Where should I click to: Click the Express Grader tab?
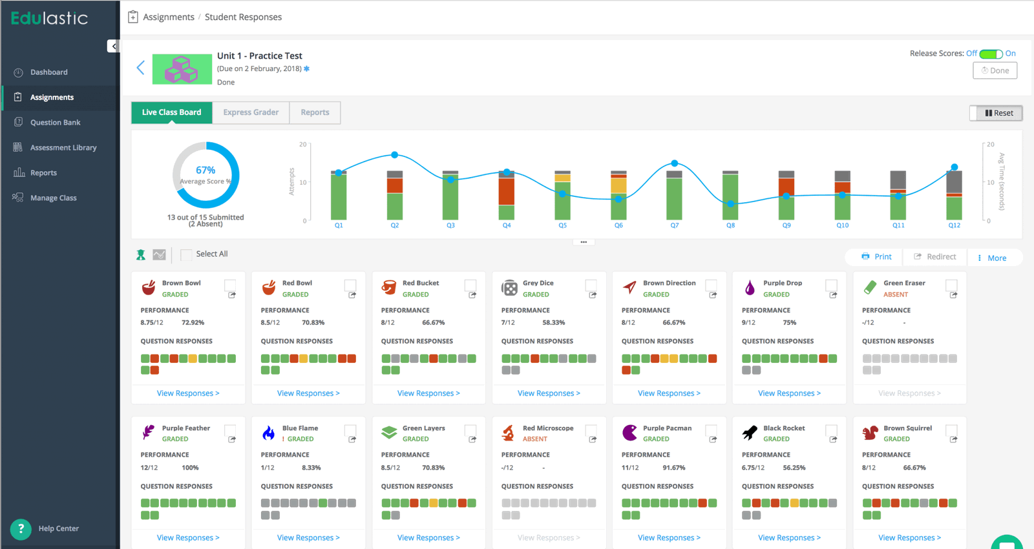(251, 112)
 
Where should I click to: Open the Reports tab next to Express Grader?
(315, 112)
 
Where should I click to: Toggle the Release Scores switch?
(991, 54)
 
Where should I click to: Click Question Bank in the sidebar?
(55, 123)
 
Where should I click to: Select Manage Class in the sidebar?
(53, 198)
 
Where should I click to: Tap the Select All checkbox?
(186, 254)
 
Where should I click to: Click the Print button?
(876, 257)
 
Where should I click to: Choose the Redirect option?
(934, 257)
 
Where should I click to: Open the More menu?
(992, 258)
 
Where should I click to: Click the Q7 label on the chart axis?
(674, 225)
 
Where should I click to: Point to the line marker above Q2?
(395, 155)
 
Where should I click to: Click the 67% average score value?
(206, 170)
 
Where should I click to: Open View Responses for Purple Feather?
(188, 537)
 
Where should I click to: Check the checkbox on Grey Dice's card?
(591, 285)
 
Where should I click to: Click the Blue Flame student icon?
(269, 433)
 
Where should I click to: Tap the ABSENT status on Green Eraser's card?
(895, 295)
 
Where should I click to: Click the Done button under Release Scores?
(995, 70)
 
